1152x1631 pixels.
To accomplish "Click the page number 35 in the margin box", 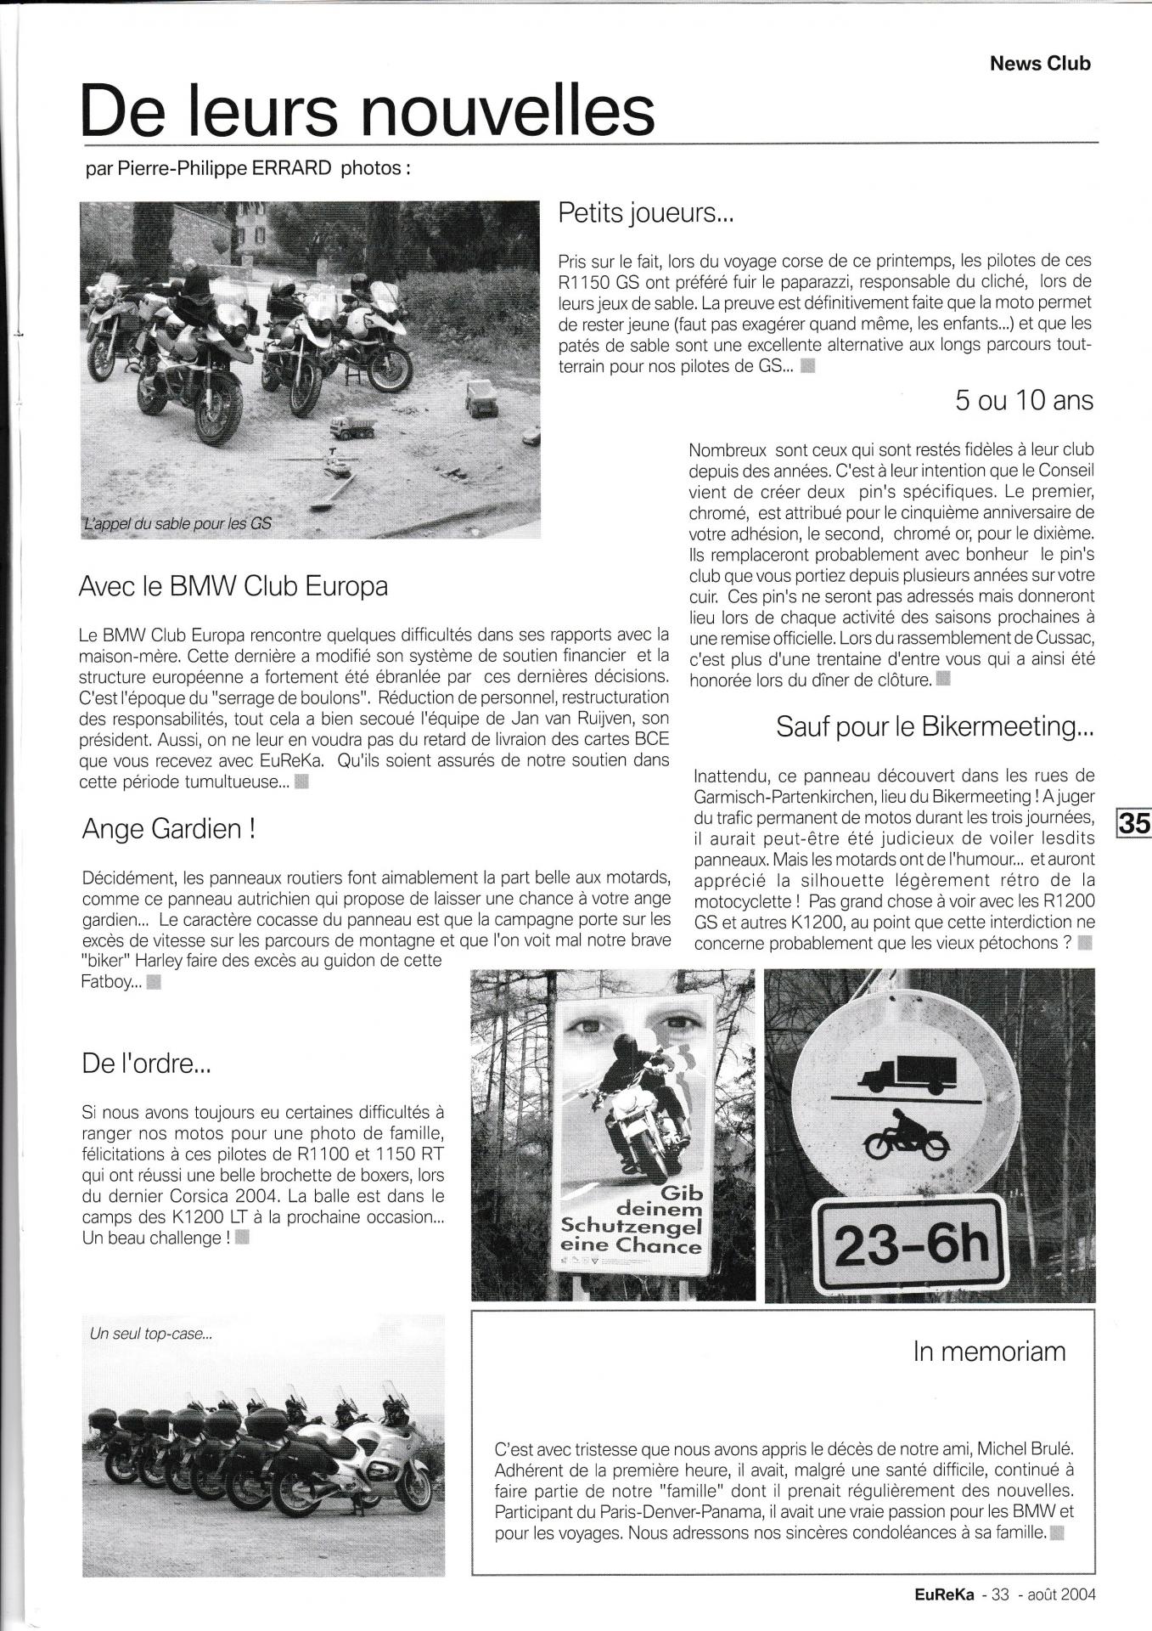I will coord(1134,823).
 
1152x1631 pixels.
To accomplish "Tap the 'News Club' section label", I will coord(1040,63).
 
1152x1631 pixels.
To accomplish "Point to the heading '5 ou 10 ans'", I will coord(1024,400).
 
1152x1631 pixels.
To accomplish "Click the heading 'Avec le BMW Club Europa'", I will coord(233,586).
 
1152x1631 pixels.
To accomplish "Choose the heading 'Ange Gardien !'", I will coord(169,829).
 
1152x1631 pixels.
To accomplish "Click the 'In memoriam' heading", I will coord(989,1352).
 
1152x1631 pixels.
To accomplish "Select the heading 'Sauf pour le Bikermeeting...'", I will coord(935,727).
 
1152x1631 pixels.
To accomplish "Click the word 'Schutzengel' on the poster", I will coord(629,1227).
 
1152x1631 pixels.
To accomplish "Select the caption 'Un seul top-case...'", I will coord(150,1335).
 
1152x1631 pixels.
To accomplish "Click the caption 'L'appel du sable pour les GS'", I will coord(177,524).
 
